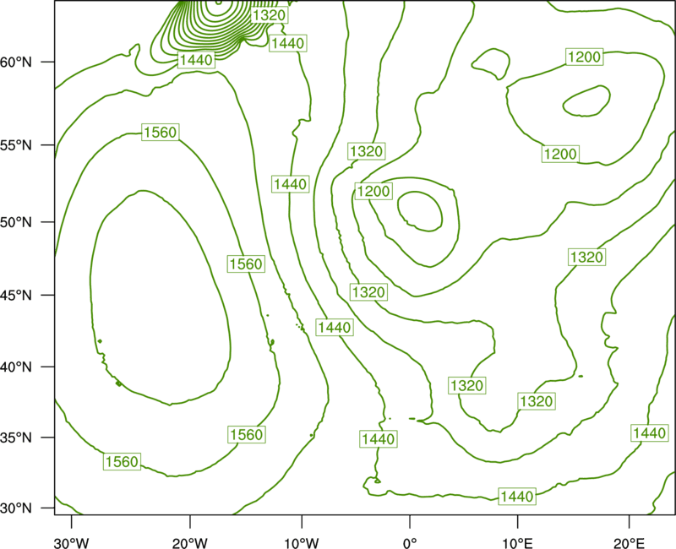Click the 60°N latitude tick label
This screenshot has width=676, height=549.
pyautogui.click(x=16, y=63)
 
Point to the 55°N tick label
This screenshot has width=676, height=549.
pyautogui.click(x=16, y=145)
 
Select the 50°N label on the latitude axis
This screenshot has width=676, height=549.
pyautogui.click(x=16, y=222)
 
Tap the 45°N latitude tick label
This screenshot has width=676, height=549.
pyautogui.click(x=16, y=295)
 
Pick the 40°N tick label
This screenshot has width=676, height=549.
pyautogui.click(x=16, y=367)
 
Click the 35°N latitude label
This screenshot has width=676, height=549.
pyautogui.click(x=16, y=438)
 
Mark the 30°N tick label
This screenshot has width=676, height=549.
pyautogui.click(x=16, y=508)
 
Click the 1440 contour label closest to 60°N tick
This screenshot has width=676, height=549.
pyautogui.click(x=196, y=60)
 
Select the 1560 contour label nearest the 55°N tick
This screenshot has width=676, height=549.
pyautogui.click(x=161, y=132)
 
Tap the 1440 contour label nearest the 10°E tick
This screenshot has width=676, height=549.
pyautogui.click(x=517, y=497)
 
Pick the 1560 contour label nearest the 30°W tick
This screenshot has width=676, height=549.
pyautogui.click(x=122, y=461)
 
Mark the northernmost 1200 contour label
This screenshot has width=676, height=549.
pyautogui.click(x=584, y=57)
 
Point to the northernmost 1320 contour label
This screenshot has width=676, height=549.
pyautogui.click(x=269, y=15)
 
